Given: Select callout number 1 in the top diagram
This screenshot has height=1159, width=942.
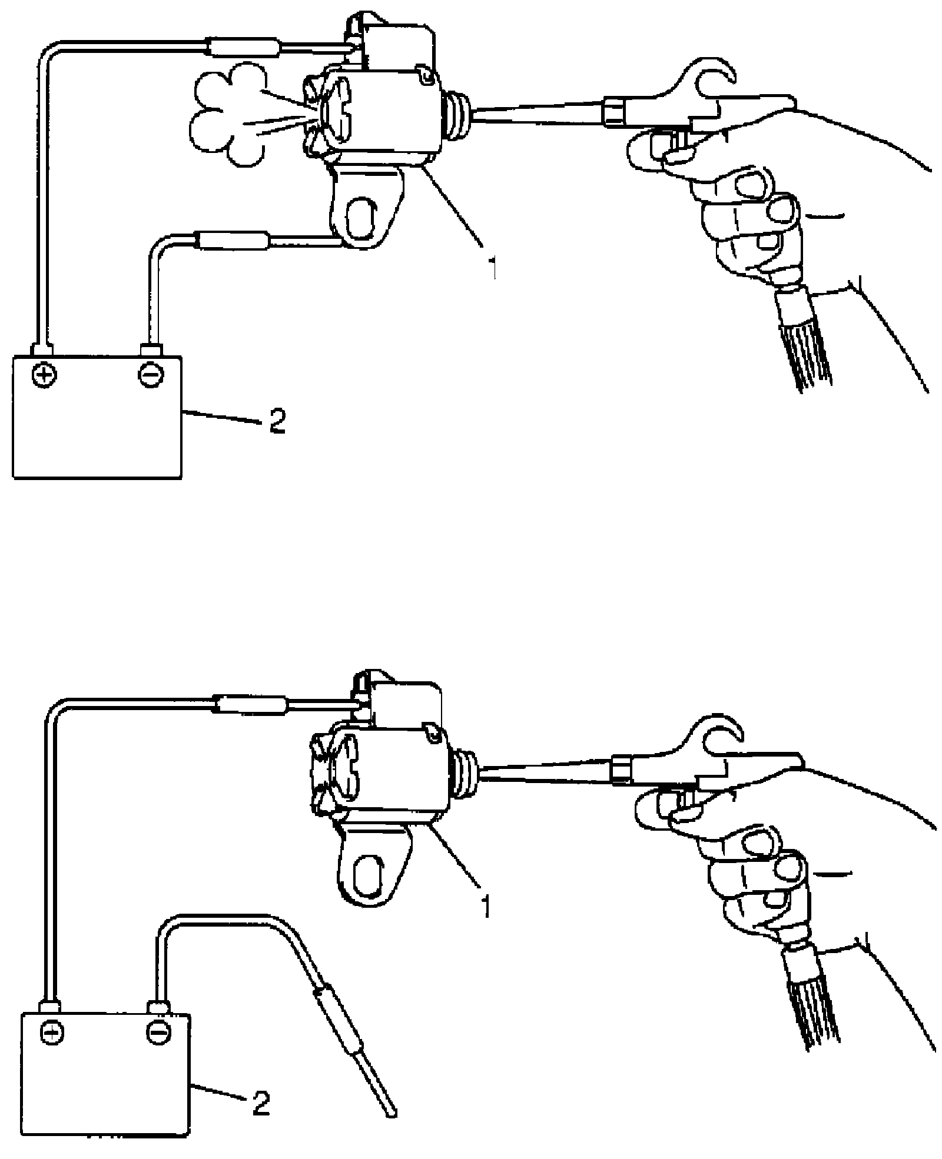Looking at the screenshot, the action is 493,266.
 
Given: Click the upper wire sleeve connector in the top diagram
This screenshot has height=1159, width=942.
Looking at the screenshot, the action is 245,46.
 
